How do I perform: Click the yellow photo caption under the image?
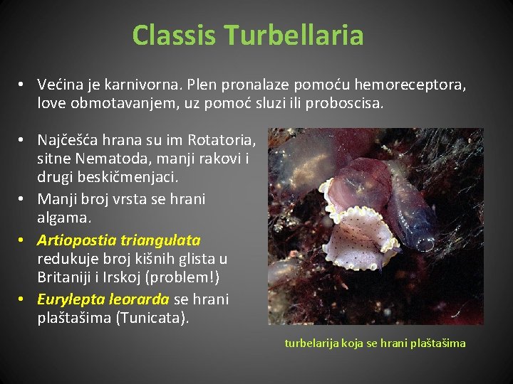[x=375, y=343]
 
